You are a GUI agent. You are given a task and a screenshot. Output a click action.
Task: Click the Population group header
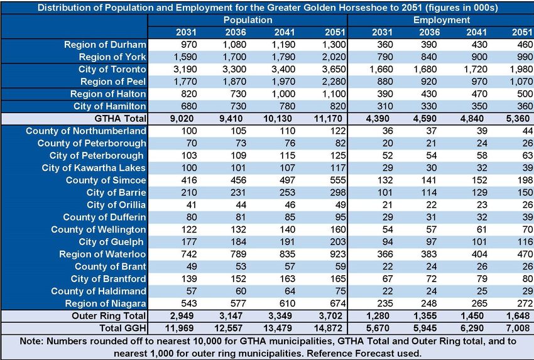click(248, 20)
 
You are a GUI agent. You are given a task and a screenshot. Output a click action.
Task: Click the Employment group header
click(442, 20)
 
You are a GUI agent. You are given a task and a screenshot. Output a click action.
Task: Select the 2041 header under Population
click(285, 32)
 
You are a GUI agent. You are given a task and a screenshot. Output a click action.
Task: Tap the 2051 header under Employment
click(521, 32)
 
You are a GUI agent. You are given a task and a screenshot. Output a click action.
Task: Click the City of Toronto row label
click(112, 70)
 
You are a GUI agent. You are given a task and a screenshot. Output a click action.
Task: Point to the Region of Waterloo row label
click(102, 254)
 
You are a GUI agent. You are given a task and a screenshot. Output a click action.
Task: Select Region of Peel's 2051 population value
click(334, 82)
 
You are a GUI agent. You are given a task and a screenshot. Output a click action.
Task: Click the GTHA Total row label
click(120, 119)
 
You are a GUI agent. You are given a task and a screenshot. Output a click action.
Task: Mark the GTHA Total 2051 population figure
click(330, 119)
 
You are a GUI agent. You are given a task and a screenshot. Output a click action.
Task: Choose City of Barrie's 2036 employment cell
click(428, 193)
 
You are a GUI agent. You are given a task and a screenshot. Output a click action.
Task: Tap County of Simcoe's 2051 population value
click(338, 180)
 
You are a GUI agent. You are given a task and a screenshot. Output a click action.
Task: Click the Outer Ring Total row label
click(109, 316)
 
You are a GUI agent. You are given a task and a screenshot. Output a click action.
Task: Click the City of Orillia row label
click(116, 205)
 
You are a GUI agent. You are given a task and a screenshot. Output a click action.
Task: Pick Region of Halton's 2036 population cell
click(237, 94)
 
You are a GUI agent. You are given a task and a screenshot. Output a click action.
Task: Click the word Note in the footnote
click(31, 341)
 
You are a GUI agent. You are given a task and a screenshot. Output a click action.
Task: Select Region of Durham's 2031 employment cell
click(385, 45)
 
